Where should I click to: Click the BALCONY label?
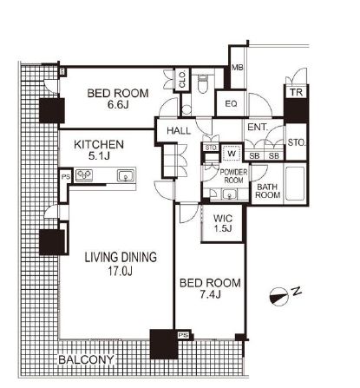pos(86,359)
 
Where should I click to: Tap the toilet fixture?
pos(203,84)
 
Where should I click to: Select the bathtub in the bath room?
pos(295,184)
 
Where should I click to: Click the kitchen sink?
pos(126,176)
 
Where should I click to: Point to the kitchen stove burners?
pos(84,175)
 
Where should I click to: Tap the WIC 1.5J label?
pos(223,223)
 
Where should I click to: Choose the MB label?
pos(238,68)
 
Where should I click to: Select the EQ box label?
pos(231,103)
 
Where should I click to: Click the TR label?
pos(296,92)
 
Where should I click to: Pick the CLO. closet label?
pos(182,80)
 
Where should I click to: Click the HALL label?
pos(179,131)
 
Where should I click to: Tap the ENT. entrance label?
pos(258,127)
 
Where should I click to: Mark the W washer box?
pos(232,153)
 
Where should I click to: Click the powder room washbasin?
pos(230,194)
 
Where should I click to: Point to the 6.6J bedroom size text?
pos(118,104)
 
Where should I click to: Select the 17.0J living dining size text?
pos(121,271)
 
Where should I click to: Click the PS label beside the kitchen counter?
pos(66,176)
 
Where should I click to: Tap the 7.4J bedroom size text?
pos(211,294)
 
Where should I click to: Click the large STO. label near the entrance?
pos(297,142)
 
